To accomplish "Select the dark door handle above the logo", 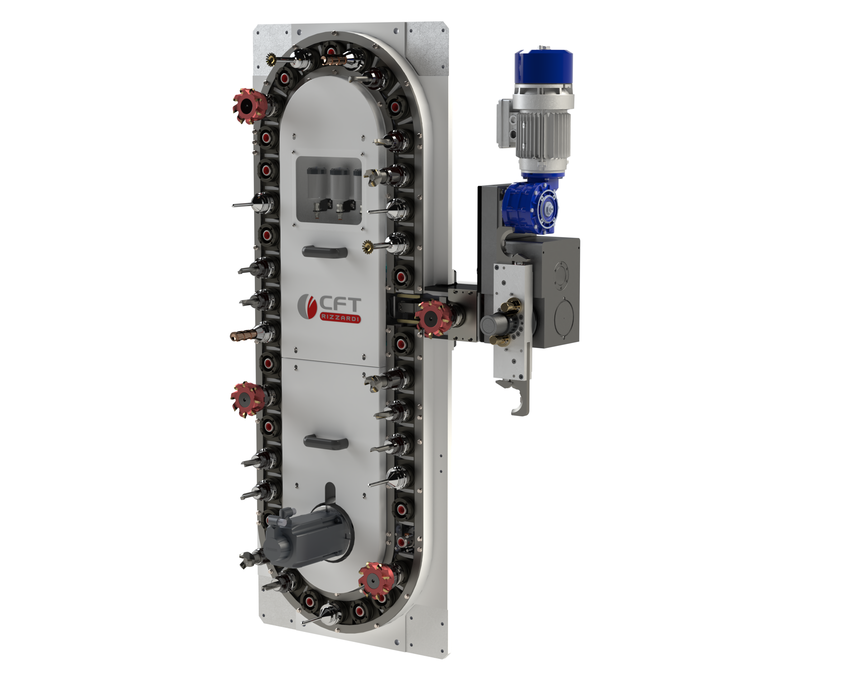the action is coord(325,252).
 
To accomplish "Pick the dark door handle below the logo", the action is coord(326,442).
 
